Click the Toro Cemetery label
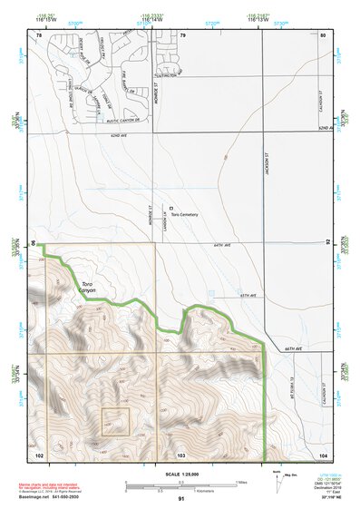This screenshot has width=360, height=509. click(184, 215)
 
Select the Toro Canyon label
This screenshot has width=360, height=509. click(93, 289)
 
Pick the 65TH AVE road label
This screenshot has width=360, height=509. click(249, 296)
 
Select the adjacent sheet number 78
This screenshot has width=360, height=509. click(39, 34)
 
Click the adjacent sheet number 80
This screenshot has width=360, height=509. click(323, 34)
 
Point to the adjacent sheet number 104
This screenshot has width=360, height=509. click(324, 453)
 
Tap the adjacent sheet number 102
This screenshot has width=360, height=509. click(38, 453)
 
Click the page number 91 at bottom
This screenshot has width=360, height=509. click(181, 500)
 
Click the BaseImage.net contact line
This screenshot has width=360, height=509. click(55, 498)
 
